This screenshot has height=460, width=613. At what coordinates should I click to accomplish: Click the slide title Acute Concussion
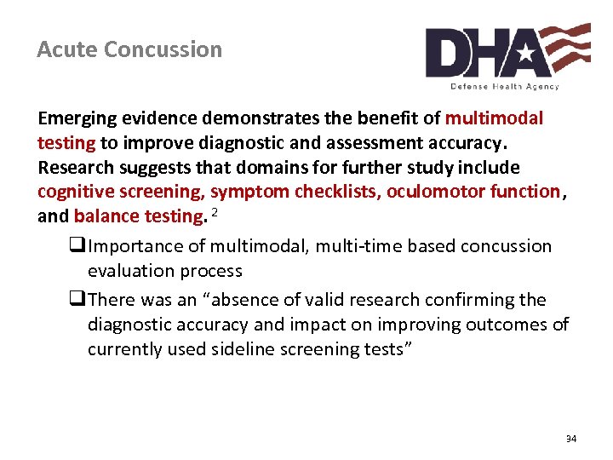[129, 49]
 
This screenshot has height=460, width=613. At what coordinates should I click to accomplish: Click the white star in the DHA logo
[524, 55]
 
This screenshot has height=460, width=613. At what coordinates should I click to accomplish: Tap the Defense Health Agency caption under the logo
[505, 87]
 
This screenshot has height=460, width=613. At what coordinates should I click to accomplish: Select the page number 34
[570, 439]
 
